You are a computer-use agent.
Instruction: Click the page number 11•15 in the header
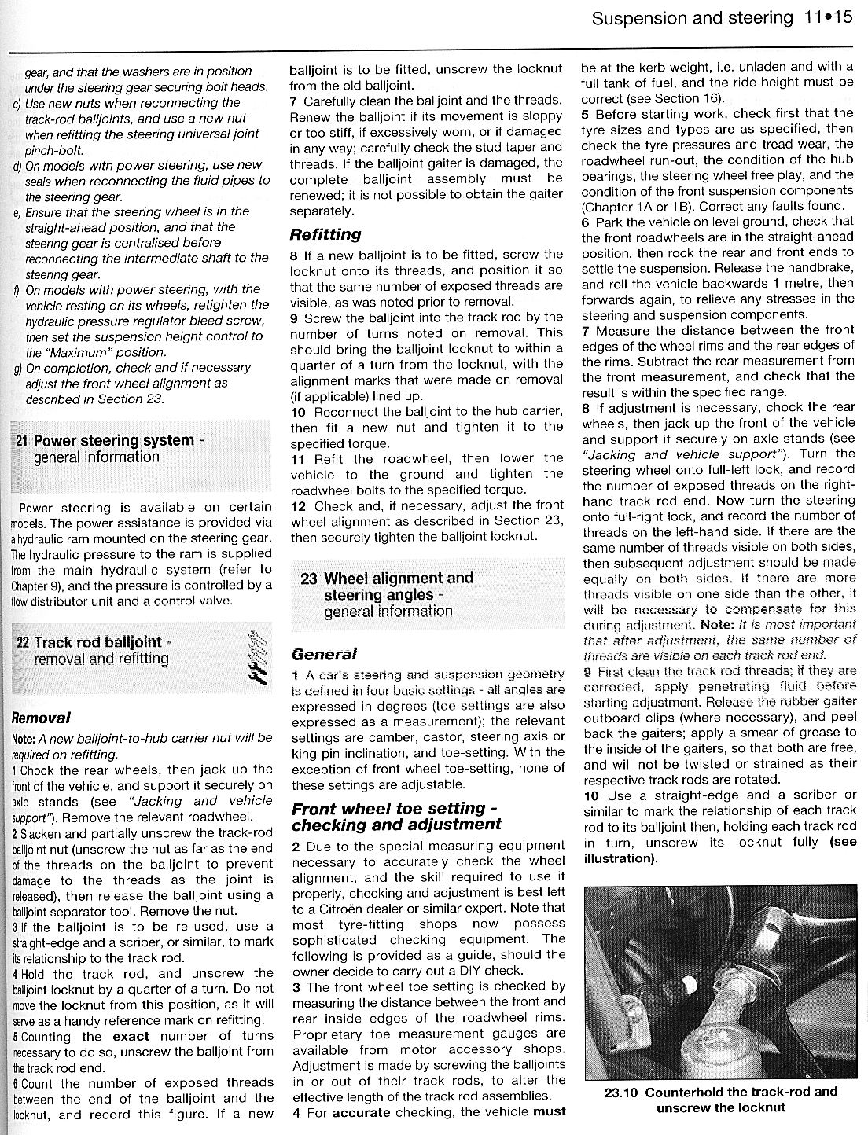tap(828, 17)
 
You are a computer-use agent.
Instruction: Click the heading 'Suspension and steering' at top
tap(693, 17)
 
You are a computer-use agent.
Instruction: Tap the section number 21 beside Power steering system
tap(22, 441)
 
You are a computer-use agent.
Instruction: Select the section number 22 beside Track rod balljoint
tap(23, 642)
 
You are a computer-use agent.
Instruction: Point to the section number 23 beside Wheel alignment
tap(308, 579)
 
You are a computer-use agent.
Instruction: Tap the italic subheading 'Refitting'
tap(325, 233)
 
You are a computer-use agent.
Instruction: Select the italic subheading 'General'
tap(324, 654)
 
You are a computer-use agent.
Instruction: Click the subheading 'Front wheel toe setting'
tap(388, 809)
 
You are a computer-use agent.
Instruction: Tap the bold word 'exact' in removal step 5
tap(127, 1036)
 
